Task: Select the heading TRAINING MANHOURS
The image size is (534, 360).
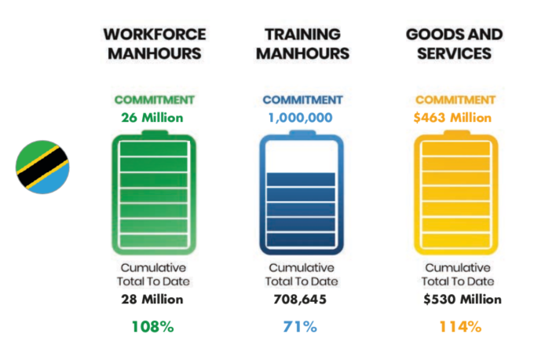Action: click(302, 44)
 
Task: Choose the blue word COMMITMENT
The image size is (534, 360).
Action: click(302, 101)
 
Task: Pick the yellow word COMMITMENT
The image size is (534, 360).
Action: click(454, 101)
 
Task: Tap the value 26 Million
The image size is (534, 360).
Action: click(152, 118)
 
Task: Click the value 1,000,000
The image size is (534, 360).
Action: click(302, 118)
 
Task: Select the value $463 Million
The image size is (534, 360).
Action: click(454, 118)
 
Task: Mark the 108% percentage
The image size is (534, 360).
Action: click(152, 326)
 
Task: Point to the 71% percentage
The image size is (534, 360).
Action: click(302, 326)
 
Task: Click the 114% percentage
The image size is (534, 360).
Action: click(459, 326)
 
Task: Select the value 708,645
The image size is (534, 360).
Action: click(302, 299)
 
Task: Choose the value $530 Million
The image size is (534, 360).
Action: click(459, 299)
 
